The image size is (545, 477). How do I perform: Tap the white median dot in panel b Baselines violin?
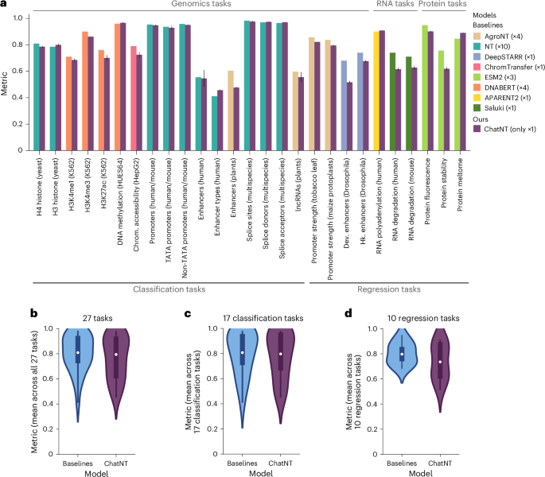(x=78, y=352)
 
